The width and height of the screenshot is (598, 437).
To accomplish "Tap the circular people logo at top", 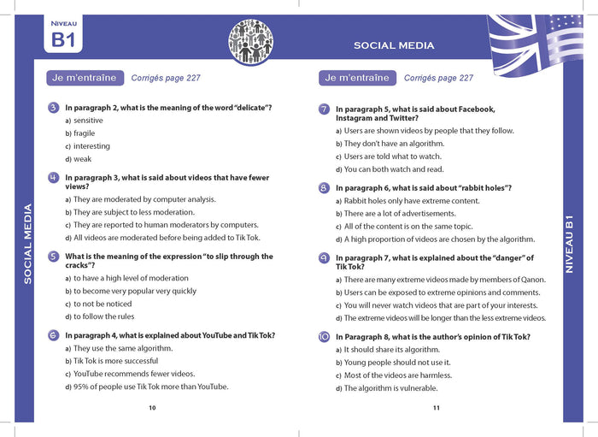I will [251, 41].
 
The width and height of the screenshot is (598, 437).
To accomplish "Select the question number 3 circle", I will [54, 108].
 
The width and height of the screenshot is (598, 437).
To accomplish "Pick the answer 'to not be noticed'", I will [103, 304].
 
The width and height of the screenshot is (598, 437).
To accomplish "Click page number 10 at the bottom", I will [152, 408].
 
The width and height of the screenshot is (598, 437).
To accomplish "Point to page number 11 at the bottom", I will [436, 408].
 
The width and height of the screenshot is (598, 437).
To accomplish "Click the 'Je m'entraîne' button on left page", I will [84, 78].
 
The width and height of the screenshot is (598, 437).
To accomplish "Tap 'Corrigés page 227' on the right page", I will [438, 78].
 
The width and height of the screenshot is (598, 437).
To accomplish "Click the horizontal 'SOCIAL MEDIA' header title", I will [394, 45].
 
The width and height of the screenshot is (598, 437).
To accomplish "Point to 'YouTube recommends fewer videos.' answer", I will [122, 374].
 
